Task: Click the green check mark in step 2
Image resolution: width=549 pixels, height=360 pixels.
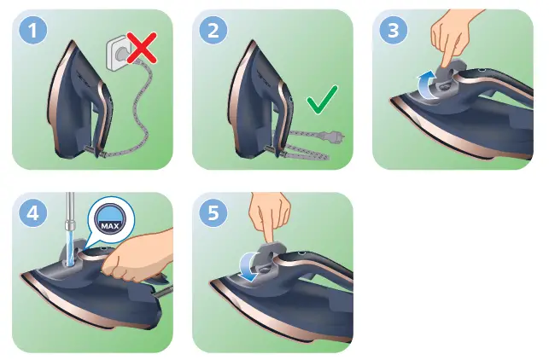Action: pos(322,105)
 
